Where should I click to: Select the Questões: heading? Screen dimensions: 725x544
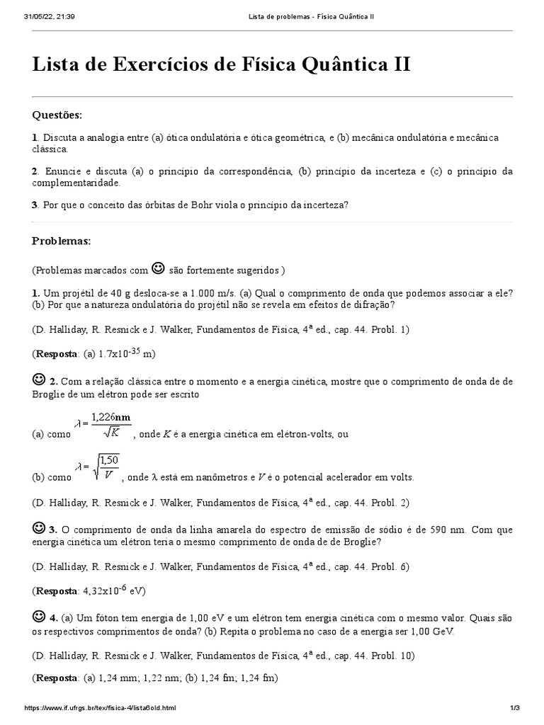[x=57, y=115]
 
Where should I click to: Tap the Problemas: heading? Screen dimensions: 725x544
[x=62, y=241]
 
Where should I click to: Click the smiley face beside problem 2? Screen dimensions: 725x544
[x=39, y=380]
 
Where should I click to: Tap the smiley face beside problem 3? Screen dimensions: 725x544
[x=39, y=527]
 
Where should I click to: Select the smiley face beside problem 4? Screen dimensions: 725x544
[x=39, y=616]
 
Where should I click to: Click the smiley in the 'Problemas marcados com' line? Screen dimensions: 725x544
[x=159, y=268]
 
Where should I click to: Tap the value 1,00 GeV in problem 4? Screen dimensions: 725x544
[x=429, y=632]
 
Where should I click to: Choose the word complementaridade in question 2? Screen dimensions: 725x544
[x=76, y=183]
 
